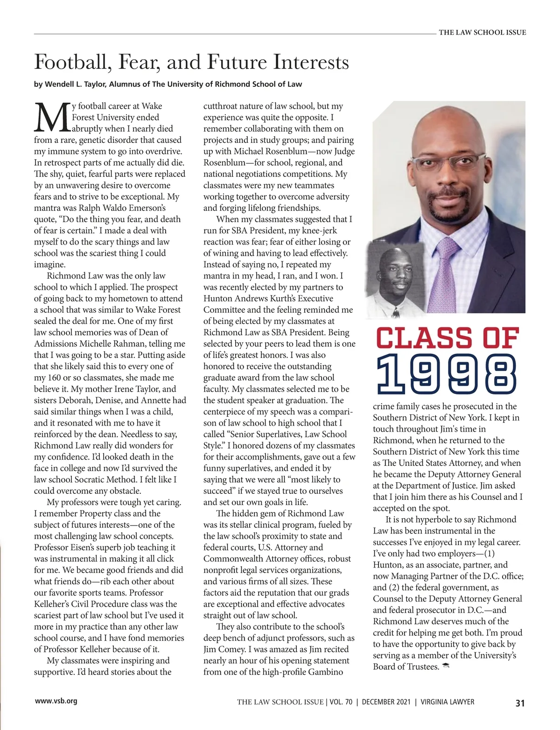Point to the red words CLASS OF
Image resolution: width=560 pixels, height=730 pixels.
(447, 338)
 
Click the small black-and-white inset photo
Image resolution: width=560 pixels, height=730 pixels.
(395, 280)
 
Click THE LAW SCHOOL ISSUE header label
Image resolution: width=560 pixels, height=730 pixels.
(482, 33)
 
